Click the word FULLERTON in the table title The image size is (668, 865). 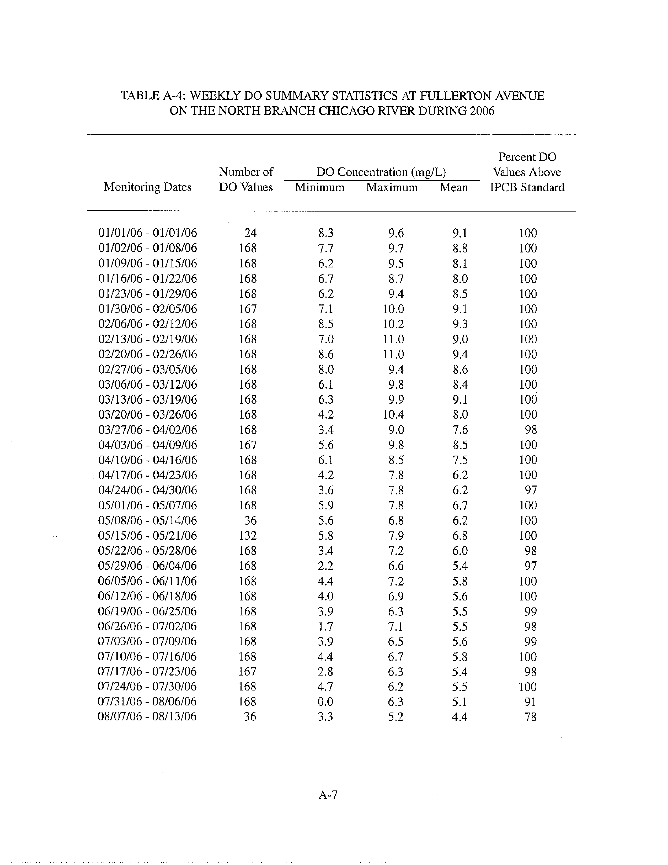pyautogui.click(x=456, y=96)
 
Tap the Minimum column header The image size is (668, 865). pyautogui.click(x=319, y=187)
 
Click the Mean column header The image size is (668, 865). pyautogui.click(x=453, y=187)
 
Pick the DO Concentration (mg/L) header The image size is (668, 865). pyautogui.click(x=381, y=172)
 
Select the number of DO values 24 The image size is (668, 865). pyautogui.click(x=250, y=233)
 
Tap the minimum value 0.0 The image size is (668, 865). pyautogui.click(x=325, y=702)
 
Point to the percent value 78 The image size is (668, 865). pyautogui.click(x=530, y=716)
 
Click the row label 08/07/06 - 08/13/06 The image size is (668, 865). pyautogui.click(x=147, y=716)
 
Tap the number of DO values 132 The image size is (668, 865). pyautogui.click(x=248, y=535)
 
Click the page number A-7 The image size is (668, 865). pyautogui.click(x=328, y=794)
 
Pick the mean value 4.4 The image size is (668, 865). pyautogui.click(x=460, y=716)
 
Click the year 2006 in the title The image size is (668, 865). pyautogui.click(x=482, y=111)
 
